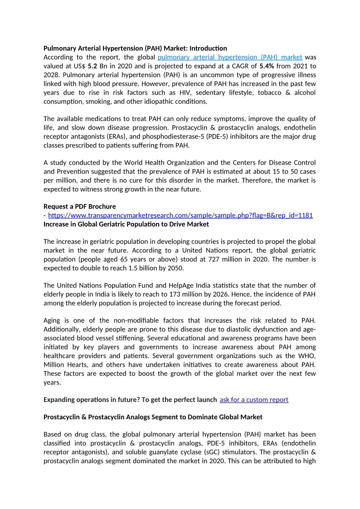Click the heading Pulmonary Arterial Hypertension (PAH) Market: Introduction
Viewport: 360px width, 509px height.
135,48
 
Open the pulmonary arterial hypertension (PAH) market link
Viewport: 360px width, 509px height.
230,57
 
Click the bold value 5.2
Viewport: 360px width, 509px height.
92,66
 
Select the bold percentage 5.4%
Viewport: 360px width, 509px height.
268,66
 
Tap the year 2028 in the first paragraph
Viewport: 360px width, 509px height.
52,75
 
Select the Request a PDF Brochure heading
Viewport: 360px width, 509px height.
79,207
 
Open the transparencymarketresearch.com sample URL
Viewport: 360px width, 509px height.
180,215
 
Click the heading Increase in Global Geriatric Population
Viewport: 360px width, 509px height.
126,224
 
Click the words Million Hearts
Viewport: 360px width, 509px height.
65,365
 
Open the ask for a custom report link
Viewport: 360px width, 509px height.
254,400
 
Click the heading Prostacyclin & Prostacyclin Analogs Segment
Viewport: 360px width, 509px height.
153,417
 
